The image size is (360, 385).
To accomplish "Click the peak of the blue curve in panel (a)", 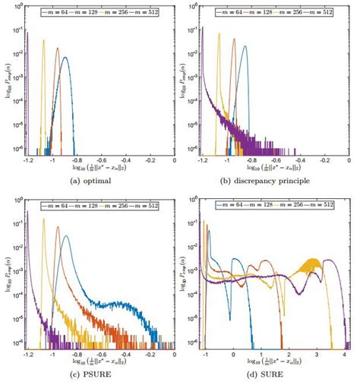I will pos(66,67).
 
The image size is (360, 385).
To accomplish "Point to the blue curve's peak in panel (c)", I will pos(66,236).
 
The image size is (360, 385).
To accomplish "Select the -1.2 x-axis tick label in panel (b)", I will pos(204,162).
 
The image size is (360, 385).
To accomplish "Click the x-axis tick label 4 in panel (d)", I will pos(344,355).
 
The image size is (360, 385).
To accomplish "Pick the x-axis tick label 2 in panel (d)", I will pos(289,355).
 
